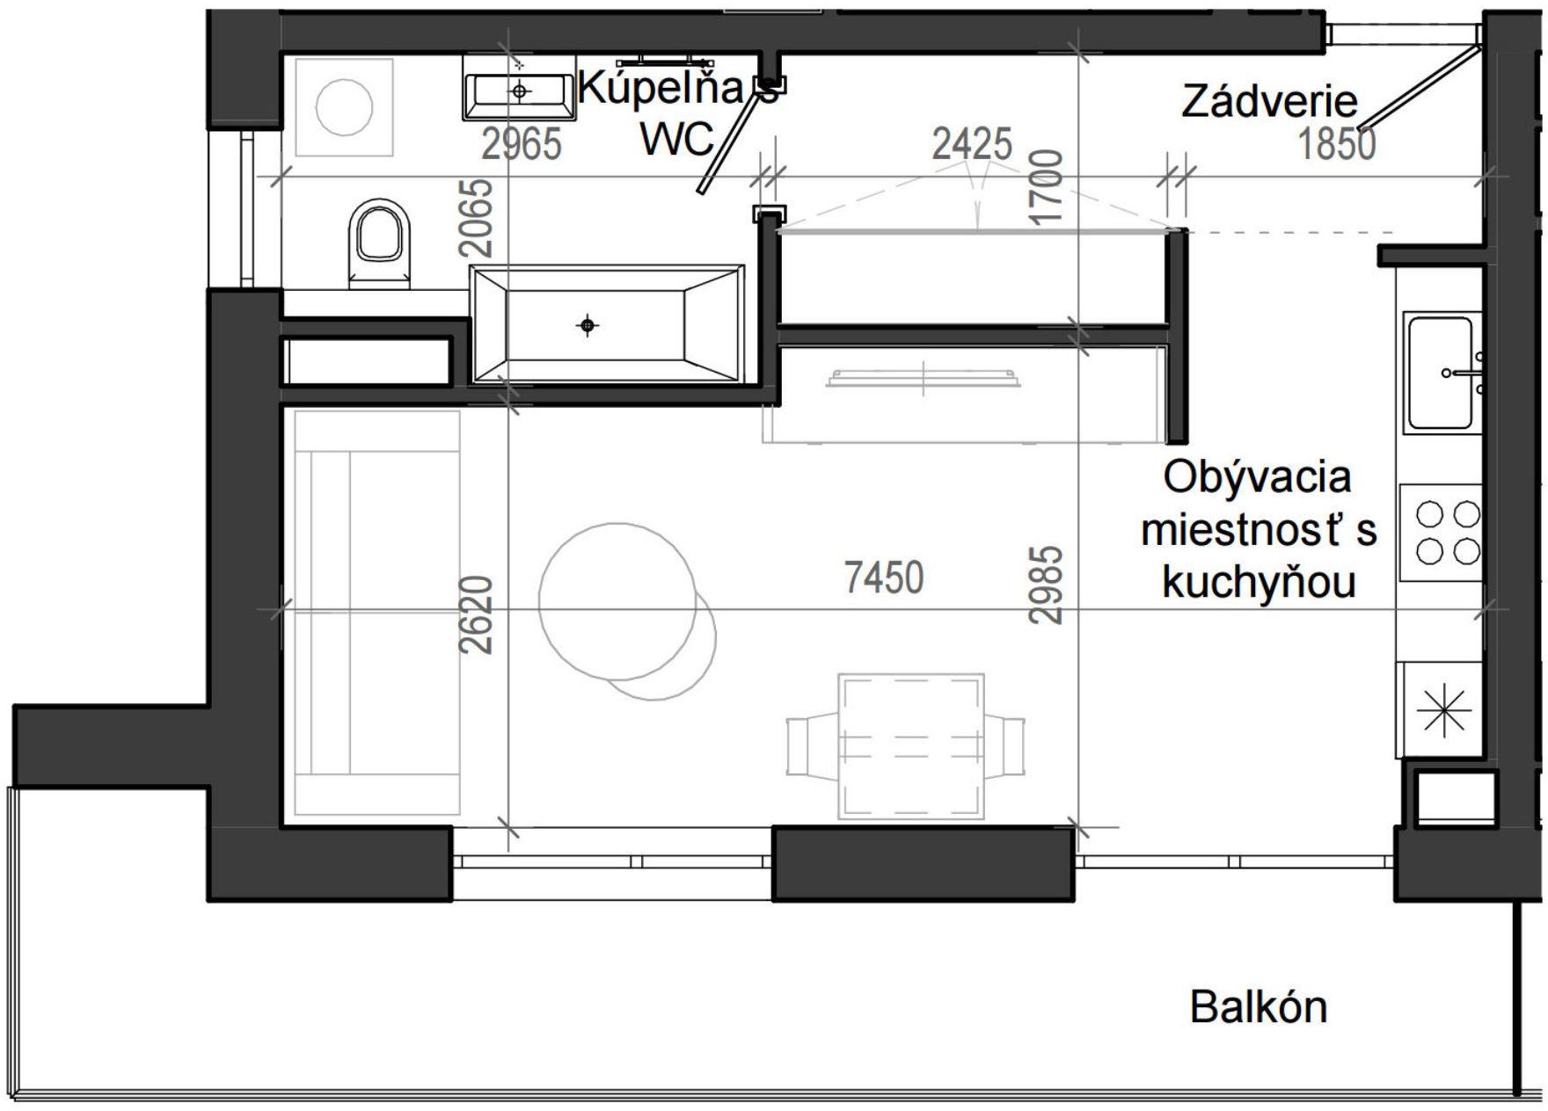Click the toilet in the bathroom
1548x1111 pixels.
(x=380, y=243)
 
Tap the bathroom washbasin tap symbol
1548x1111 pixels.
(x=520, y=91)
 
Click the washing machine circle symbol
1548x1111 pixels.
(x=344, y=107)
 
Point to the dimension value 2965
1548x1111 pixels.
(x=522, y=144)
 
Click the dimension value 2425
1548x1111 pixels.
(x=972, y=143)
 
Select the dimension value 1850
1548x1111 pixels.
(x=1337, y=144)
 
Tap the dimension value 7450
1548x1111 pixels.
(x=884, y=578)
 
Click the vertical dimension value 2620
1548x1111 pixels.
(x=477, y=615)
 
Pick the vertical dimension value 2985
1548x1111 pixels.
(x=1047, y=585)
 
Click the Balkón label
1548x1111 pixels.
(x=1258, y=1007)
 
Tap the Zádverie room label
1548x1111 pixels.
(x=1268, y=102)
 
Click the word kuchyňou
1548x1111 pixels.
(x=1259, y=582)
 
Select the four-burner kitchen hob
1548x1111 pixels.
(x=1446, y=533)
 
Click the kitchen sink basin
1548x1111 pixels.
(x=1440, y=373)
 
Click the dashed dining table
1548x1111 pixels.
(x=910, y=746)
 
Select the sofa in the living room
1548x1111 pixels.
(x=377, y=613)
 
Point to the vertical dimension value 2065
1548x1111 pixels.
(x=477, y=217)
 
